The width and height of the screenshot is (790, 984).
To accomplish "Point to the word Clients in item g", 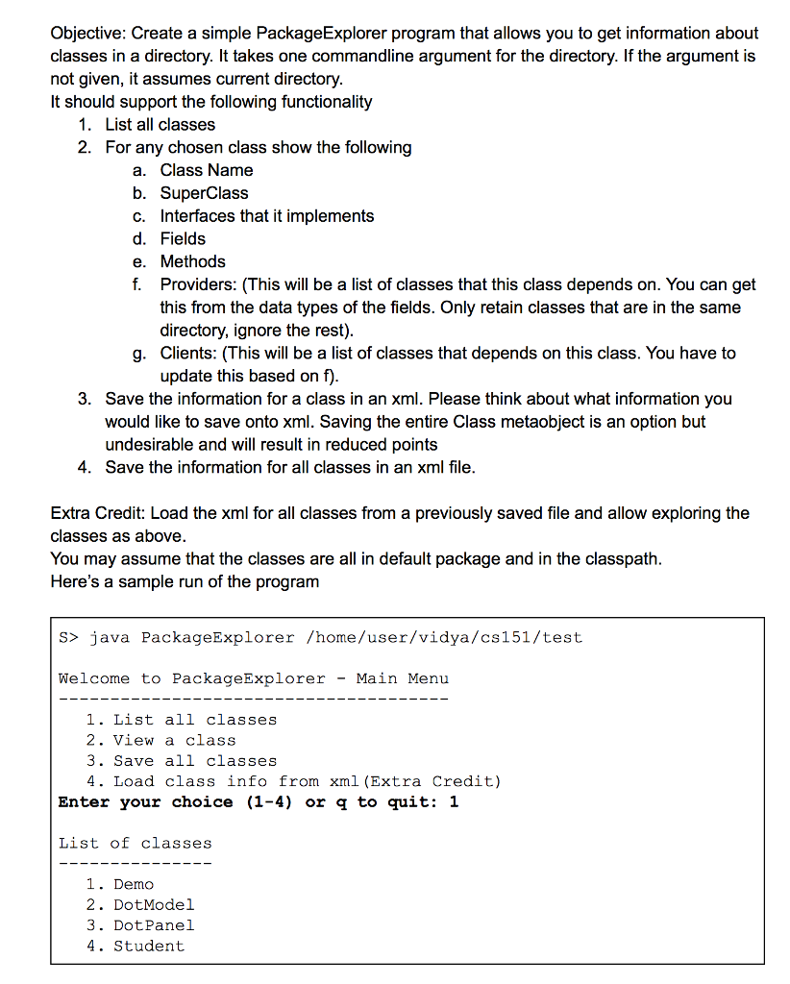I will [186, 354].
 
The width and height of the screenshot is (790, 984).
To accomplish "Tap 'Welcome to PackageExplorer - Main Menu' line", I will [254, 678].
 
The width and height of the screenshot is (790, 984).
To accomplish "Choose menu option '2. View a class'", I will [160, 740].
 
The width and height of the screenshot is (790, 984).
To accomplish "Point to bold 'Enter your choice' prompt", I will [145, 802].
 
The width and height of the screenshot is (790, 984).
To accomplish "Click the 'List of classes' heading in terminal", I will [135, 844].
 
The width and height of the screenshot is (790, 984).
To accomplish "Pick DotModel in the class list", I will [153, 905].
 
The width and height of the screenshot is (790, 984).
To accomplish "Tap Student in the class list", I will [148, 947].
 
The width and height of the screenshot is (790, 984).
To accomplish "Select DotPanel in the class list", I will [153, 925].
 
